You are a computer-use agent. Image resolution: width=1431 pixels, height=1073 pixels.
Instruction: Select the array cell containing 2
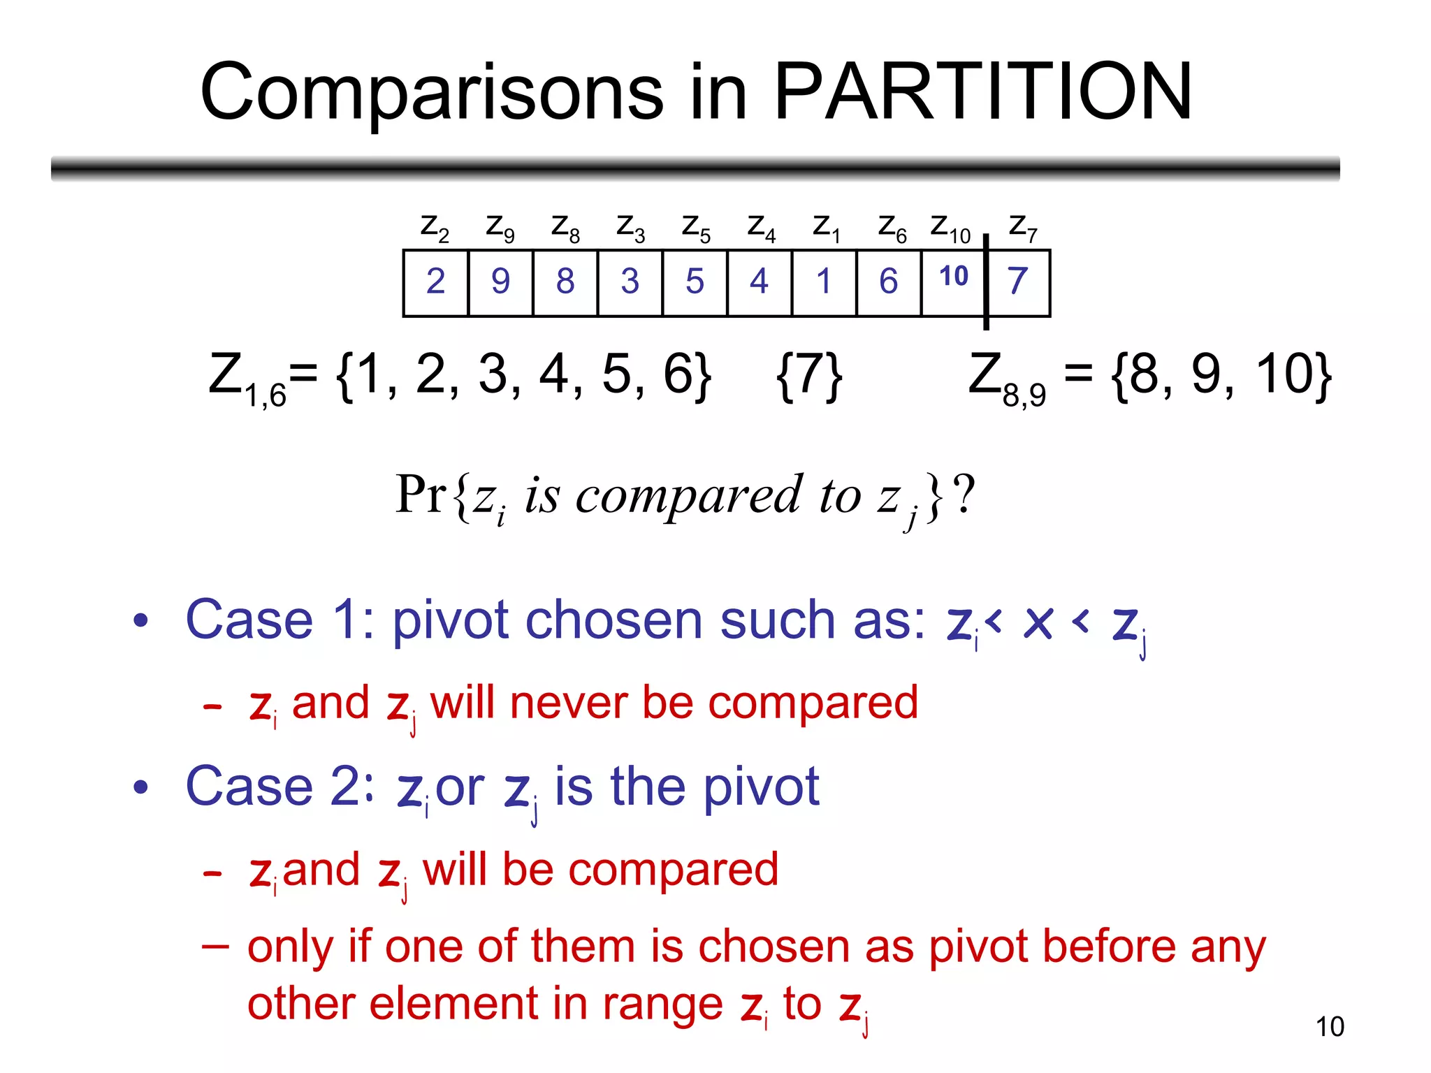pos(435,282)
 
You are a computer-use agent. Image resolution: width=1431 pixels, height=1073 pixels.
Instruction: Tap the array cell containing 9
pos(500,282)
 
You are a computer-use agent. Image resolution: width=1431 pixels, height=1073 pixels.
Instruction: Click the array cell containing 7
pos(1018,282)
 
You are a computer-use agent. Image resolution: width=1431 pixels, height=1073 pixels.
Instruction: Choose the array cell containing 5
pos(695,282)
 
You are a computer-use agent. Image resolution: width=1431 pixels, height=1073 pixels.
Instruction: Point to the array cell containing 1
pos(824,282)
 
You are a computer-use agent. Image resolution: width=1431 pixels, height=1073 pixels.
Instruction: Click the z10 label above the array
pos(950,228)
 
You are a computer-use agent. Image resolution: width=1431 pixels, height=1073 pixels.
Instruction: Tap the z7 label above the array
pos(1023,228)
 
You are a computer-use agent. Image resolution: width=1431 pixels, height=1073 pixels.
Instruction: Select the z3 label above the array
pos(630,228)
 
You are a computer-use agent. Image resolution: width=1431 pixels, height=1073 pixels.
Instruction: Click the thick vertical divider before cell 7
pos(986,282)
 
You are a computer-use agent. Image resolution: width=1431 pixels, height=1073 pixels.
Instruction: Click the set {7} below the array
pos(809,376)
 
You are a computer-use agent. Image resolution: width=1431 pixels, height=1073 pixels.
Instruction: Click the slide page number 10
pos(1330,1027)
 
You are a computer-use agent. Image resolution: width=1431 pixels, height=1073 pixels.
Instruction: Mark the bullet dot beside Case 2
pos(141,787)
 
